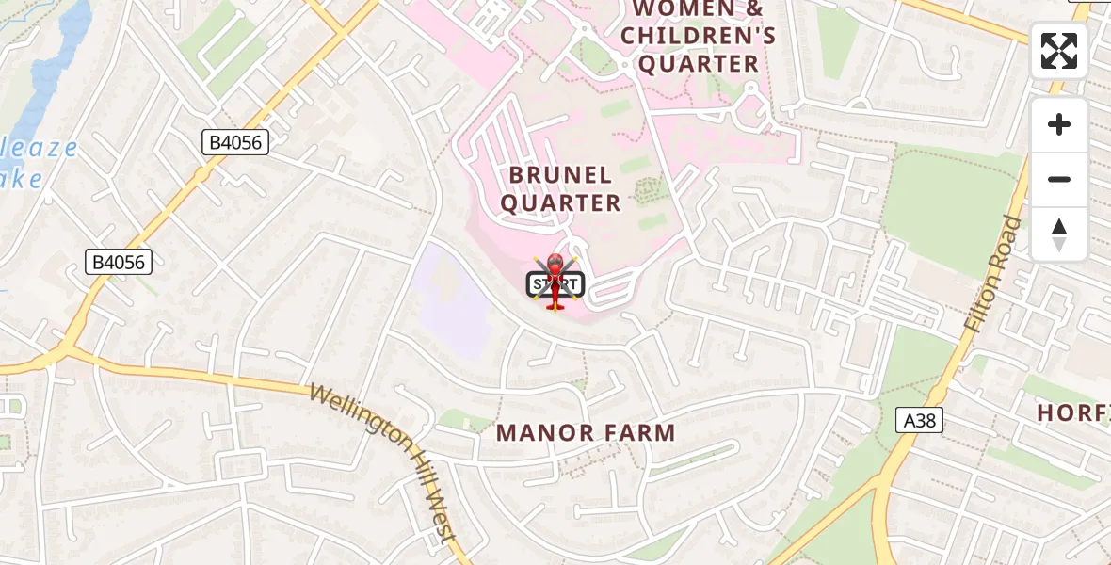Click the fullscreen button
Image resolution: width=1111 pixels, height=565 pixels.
click(x=1058, y=51)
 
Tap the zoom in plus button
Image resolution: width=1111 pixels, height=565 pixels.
click(x=1058, y=124)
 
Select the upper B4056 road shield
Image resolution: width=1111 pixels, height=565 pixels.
click(x=235, y=143)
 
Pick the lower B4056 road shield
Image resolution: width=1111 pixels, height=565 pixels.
click(x=119, y=262)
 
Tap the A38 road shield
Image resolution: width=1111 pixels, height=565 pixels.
click(x=918, y=420)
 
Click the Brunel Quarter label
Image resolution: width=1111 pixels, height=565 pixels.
click(x=561, y=188)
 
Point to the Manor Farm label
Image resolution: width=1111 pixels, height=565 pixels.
click(x=586, y=433)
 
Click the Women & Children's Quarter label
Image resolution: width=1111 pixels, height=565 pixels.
click(x=699, y=37)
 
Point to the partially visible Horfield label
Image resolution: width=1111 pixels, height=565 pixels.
click(x=1073, y=412)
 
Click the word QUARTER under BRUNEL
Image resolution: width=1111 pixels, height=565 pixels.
click(x=561, y=202)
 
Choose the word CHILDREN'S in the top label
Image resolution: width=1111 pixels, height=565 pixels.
click(x=699, y=37)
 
